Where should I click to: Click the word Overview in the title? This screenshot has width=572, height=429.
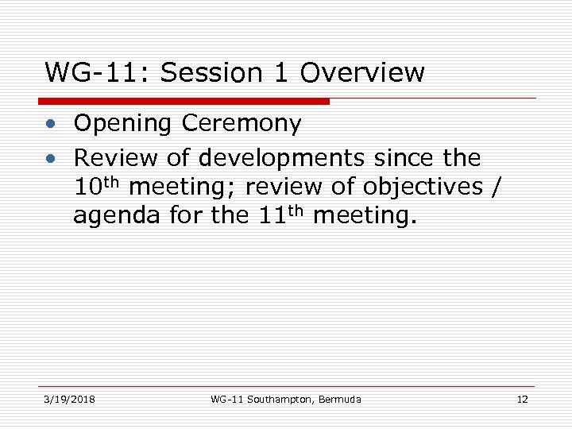coord(362,73)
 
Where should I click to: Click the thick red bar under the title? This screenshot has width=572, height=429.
coord(184,102)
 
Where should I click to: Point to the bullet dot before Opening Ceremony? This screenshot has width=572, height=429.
coord(50,125)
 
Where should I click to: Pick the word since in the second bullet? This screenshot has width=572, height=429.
coord(406,159)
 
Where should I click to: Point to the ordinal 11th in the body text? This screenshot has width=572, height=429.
coord(280,215)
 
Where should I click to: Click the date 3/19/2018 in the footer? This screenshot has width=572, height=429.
coord(70,399)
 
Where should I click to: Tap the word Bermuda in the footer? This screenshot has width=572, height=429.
coord(339,399)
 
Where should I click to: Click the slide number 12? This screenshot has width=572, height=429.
coord(522,399)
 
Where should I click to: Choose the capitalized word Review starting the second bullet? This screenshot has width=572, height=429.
coord(114,159)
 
